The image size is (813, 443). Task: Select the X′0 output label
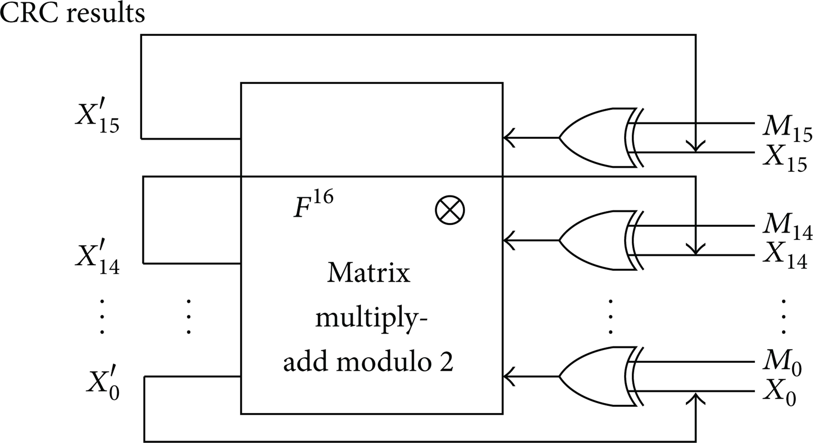[103, 382]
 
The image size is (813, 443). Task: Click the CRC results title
[73, 13]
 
